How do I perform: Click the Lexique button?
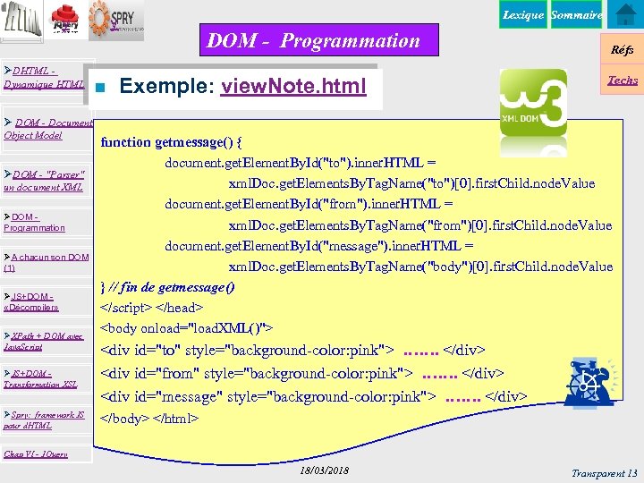pos(522,15)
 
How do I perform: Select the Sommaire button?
pos(576,15)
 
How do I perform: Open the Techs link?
pos(623,80)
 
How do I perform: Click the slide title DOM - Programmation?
pos(313,40)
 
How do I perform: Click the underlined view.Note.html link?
pos(294,87)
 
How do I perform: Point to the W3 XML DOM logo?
pos(533,103)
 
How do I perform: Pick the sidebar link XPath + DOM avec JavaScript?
pos(45,341)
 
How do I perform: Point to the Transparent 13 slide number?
pos(606,472)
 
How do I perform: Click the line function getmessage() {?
pos(172,141)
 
